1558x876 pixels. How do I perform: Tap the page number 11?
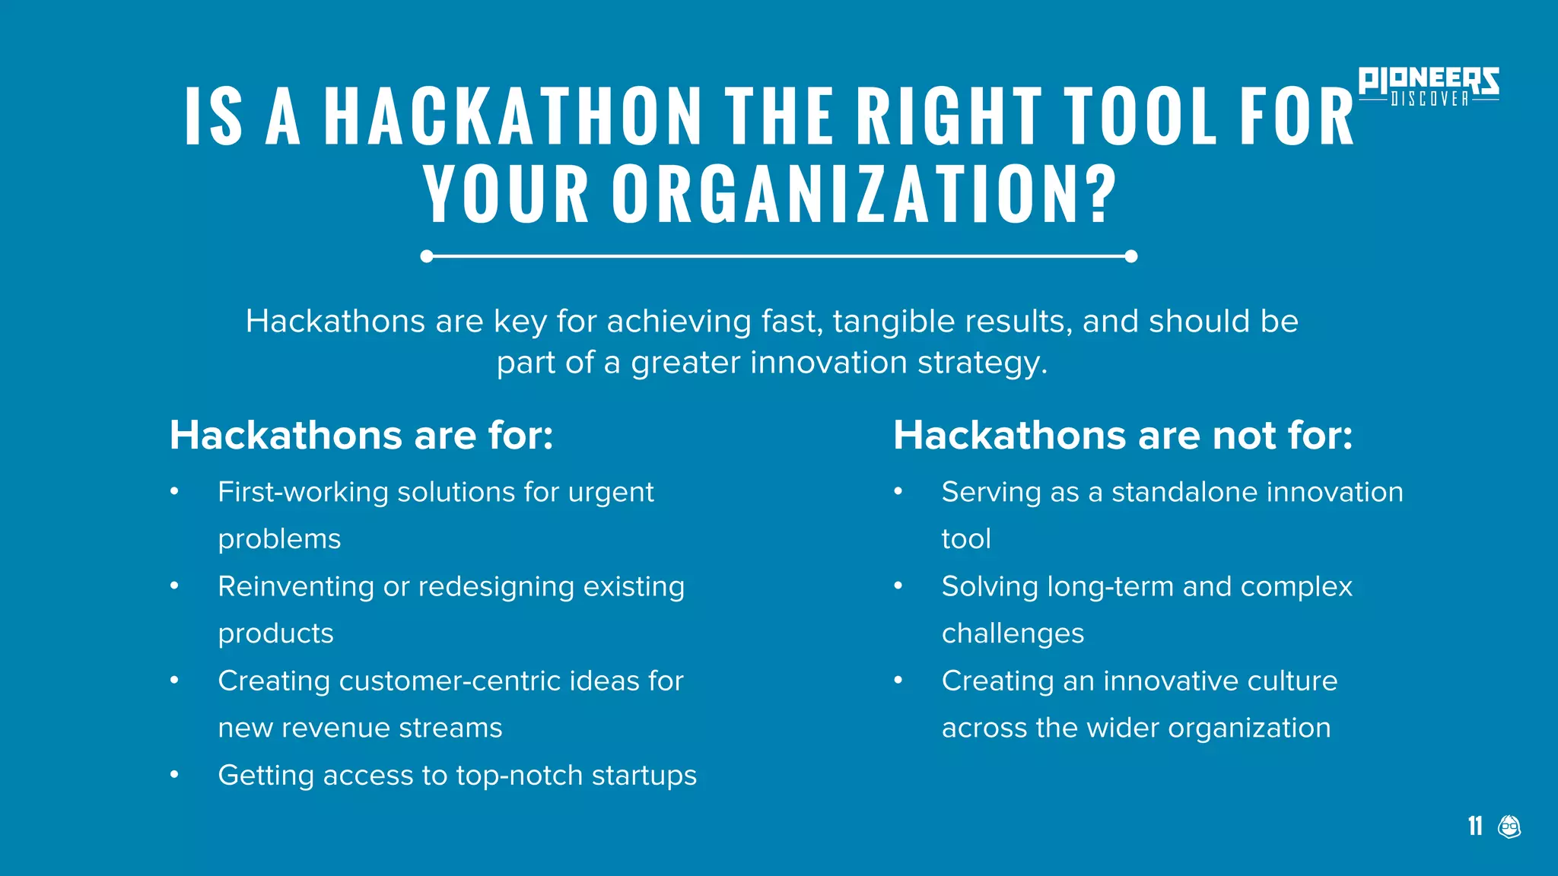tap(1475, 826)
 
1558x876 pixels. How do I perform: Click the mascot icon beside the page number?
tap(1509, 826)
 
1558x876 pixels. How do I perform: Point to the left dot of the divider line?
tap(427, 256)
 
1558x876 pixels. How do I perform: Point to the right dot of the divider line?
tap(1130, 256)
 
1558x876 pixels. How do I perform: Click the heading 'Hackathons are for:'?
tap(361, 436)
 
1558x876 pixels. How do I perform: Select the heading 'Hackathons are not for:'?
tap(1123, 436)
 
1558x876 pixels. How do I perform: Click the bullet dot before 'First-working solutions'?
tap(174, 492)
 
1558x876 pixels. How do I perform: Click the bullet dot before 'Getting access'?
tap(174, 775)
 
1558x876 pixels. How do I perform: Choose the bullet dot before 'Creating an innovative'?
tap(898, 681)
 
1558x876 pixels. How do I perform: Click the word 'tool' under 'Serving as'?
tap(966, 539)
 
